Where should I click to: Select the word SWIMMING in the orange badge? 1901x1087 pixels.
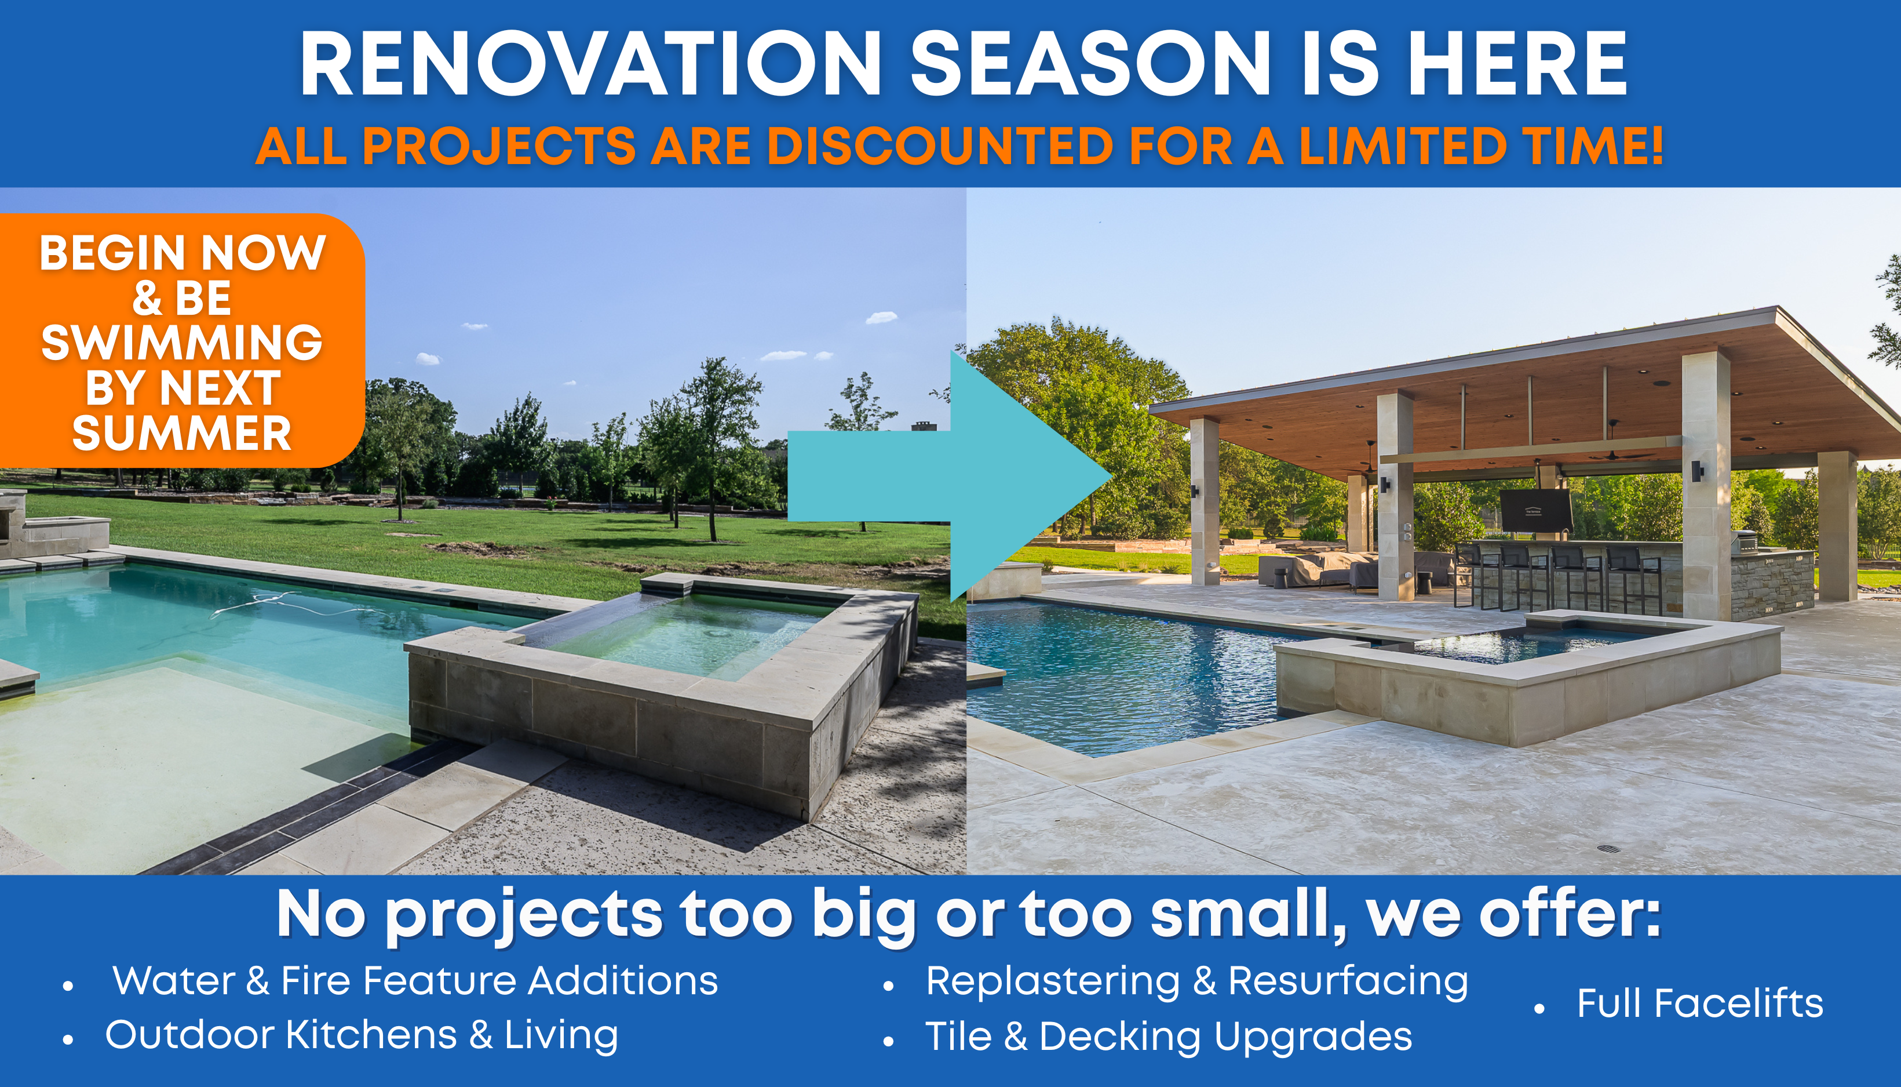(x=182, y=343)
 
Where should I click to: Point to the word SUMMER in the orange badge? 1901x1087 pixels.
(x=182, y=433)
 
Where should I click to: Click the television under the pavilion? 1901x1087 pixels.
(x=1535, y=510)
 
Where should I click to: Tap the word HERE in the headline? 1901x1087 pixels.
(x=1517, y=64)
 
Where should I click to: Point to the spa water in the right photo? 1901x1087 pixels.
(x=1522, y=644)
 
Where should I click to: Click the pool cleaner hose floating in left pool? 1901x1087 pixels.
(x=298, y=604)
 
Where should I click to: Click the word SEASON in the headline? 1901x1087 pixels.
(x=1090, y=64)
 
